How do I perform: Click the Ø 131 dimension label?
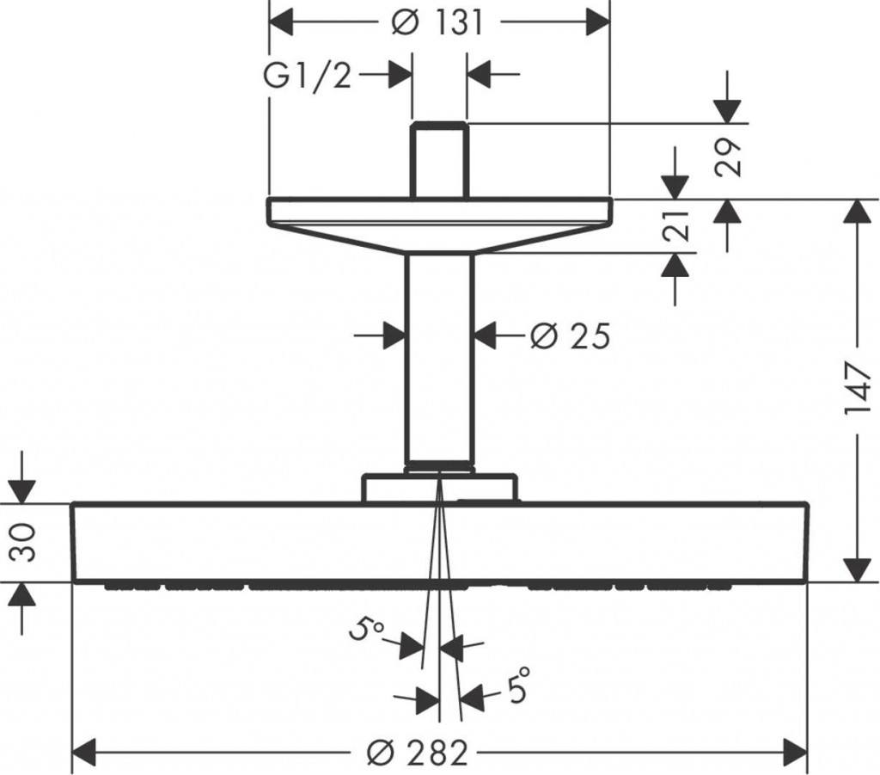pyautogui.click(x=437, y=23)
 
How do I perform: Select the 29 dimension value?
pyautogui.click(x=728, y=157)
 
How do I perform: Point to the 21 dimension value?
pyautogui.click(x=675, y=226)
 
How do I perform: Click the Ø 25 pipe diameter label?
pyautogui.click(x=570, y=336)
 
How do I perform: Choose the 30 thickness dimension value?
pyautogui.click(x=23, y=543)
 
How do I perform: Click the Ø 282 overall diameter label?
pyautogui.click(x=417, y=753)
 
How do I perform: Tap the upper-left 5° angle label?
pyautogui.click(x=365, y=629)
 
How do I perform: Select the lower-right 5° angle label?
pyautogui.click(x=518, y=684)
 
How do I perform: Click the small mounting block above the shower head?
pyautogui.click(x=439, y=488)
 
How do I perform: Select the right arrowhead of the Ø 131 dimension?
pyautogui.click(x=598, y=22)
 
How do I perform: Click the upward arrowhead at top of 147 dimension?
pyautogui.click(x=857, y=212)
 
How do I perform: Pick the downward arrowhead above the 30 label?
pyautogui.click(x=23, y=491)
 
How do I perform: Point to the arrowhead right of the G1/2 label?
pyautogui.click(x=400, y=74)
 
